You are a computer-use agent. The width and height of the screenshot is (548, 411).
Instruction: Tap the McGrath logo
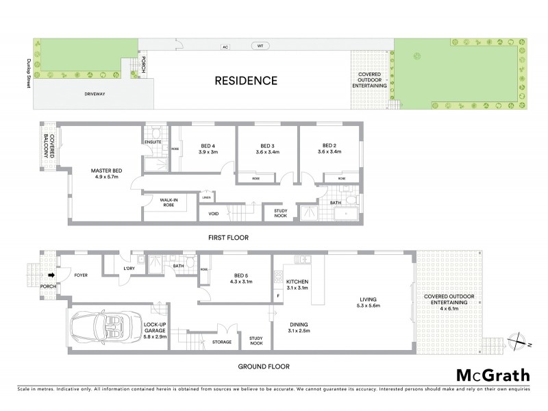tap(493, 375)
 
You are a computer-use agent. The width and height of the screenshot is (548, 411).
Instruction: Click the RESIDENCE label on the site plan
tap(246, 80)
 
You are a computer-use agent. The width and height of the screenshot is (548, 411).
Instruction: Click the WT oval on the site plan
tap(259, 47)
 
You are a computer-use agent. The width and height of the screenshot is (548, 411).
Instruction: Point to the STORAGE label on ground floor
tap(221, 342)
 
